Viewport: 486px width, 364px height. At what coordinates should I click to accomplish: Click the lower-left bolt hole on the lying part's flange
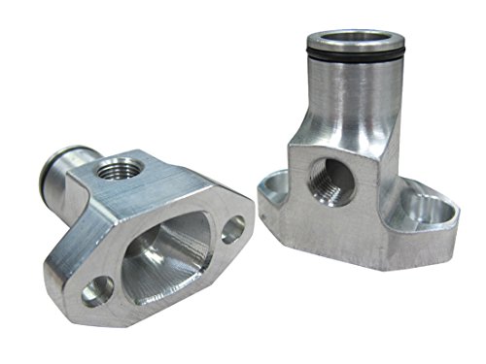click(x=98, y=290)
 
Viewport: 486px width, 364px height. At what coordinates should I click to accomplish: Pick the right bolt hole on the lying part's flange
click(x=233, y=230)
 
